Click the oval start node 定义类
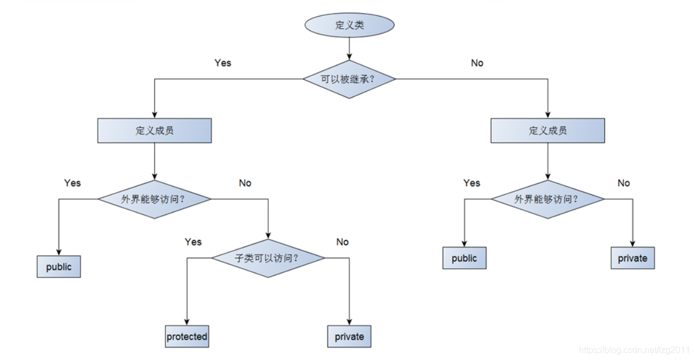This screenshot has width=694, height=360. (349, 25)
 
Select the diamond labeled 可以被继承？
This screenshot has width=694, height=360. (349, 79)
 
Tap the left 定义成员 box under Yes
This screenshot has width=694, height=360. (154, 131)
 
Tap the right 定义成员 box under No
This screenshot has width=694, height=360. (547, 131)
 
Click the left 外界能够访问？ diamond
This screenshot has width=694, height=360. (154, 199)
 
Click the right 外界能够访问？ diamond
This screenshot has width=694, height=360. (547, 199)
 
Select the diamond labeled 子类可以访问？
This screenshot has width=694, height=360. (268, 258)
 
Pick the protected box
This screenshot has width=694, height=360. (187, 336)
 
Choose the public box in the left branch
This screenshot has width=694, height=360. (59, 267)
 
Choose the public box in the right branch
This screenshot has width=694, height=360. (464, 258)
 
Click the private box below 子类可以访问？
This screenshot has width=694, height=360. (349, 336)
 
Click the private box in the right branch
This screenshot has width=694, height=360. (632, 258)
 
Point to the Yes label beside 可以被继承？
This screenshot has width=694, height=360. (223, 63)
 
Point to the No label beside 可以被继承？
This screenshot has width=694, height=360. (477, 63)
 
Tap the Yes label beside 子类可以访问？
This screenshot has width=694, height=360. (193, 242)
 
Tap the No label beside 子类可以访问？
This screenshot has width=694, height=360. (343, 242)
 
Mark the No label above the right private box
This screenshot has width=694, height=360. (623, 183)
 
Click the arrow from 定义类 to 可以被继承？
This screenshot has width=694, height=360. (349, 50)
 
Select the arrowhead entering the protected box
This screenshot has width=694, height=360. (187, 323)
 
